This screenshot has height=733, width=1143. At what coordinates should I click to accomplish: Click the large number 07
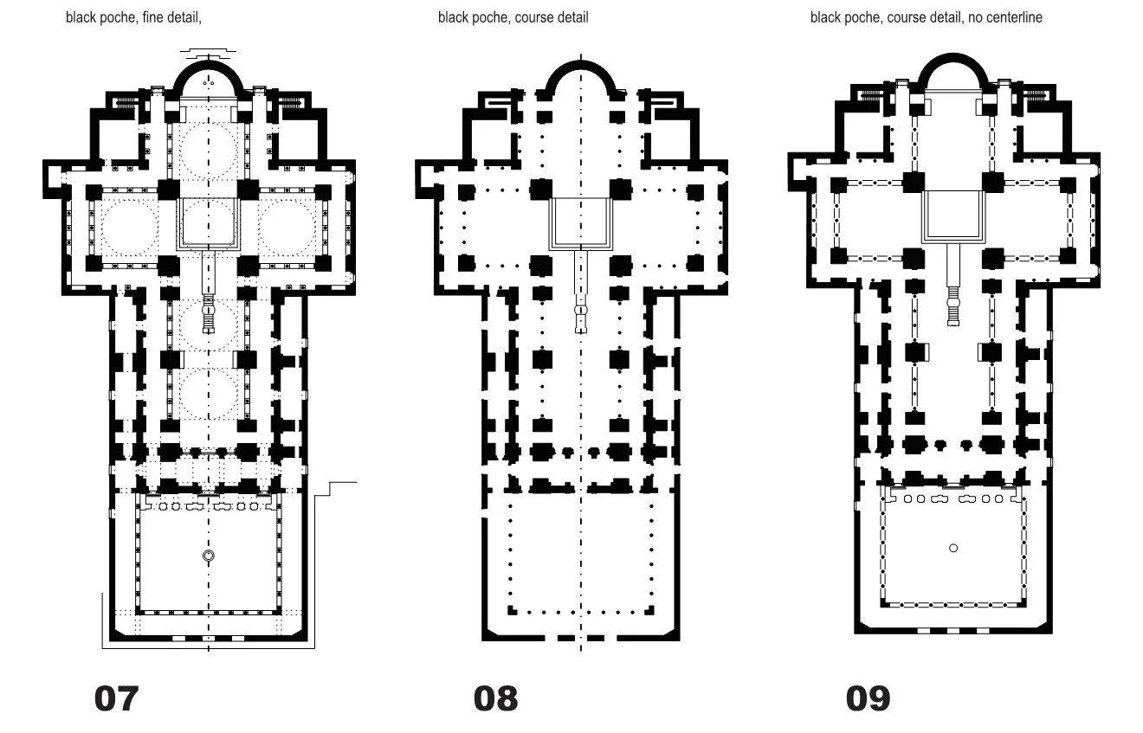pos(116,698)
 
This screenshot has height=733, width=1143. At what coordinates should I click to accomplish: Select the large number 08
pos(495,698)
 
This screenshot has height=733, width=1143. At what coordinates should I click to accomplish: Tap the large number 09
pos(868,698)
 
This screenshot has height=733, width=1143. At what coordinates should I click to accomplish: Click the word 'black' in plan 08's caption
pos(454,16)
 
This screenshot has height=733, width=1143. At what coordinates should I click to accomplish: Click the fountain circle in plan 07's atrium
pos(208,556)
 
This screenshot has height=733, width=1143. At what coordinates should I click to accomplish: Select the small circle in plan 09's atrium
pos(953,548)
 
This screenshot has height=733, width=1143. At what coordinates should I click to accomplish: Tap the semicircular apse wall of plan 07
pos(208,63)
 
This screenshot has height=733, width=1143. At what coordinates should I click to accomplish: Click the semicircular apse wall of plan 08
pos(580,66)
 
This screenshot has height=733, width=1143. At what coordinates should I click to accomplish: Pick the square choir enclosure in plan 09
pos(953,215)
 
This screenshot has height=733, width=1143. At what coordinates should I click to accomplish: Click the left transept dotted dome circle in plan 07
pos(128,225)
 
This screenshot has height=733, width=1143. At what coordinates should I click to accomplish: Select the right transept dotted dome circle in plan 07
pos(287,225)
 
